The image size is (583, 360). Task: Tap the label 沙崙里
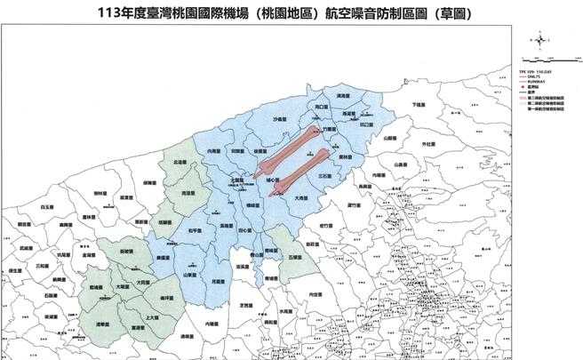pyautogui.click(x=281, y=118)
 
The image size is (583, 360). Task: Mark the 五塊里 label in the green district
pyautogui.click(x=295, y=255)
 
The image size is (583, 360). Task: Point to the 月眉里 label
pyautogui.click(x=218, y=279)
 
